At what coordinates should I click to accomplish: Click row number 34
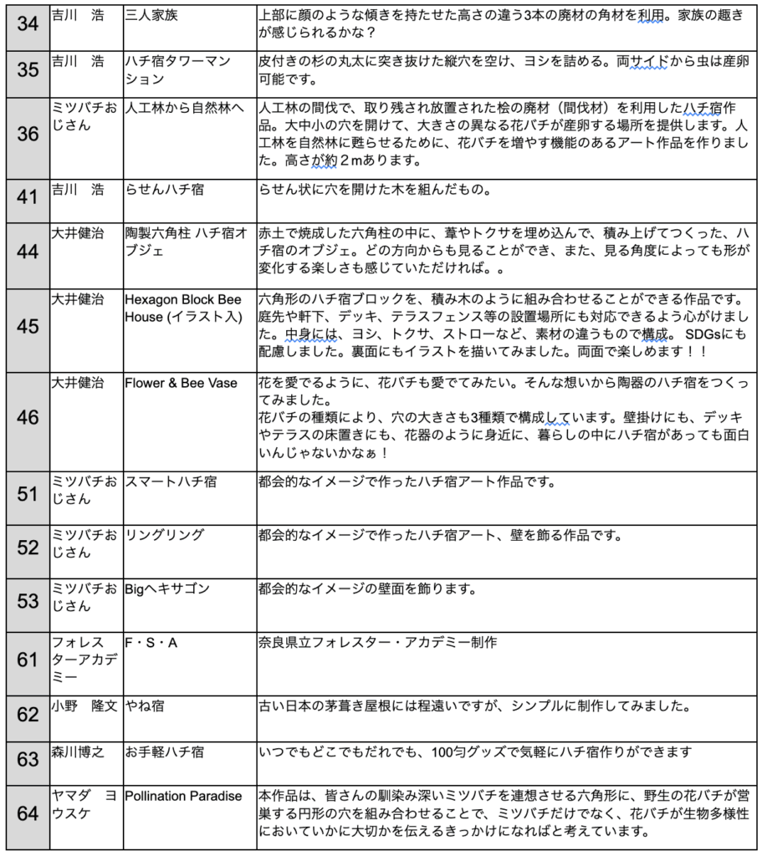click(28, 24)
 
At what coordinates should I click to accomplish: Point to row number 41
click(28, 200)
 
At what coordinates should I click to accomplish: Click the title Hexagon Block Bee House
click(182, 308)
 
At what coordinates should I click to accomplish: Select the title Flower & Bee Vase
click(181, 383)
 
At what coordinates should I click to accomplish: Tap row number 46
click(28, 416)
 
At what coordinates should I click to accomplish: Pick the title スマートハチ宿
click(171, 481)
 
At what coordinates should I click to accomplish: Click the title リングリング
click(165, 534)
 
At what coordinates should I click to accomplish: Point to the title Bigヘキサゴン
click(168, 588)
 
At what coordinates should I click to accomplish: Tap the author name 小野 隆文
click(84, 706)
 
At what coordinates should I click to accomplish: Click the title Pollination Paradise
click(183, 796)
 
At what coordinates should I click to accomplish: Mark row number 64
click(28, 813)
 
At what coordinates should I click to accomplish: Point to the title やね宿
click(144, 706)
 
